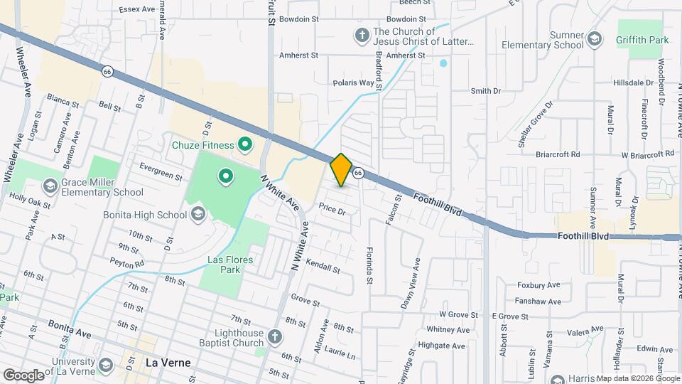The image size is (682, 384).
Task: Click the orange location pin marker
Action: click(341, 169)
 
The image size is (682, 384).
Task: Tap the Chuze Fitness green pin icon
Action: click(245, 146)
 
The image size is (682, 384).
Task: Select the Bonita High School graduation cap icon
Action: click(198, 214)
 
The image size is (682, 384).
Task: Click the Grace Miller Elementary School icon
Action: click(50, 186)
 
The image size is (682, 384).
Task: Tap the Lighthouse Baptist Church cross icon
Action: click(276, 335)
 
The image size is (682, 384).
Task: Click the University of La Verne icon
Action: click(106, 366)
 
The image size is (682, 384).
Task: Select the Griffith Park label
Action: click(643, 41)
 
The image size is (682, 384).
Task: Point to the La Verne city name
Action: click(168, 362)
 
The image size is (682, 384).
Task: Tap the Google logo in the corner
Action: click(24, 375)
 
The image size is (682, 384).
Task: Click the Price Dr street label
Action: click(332, 210)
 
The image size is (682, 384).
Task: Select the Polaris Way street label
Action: click(353, 82)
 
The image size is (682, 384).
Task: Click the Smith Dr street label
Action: click(486, 91)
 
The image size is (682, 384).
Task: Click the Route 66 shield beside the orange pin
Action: click(359, 173)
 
